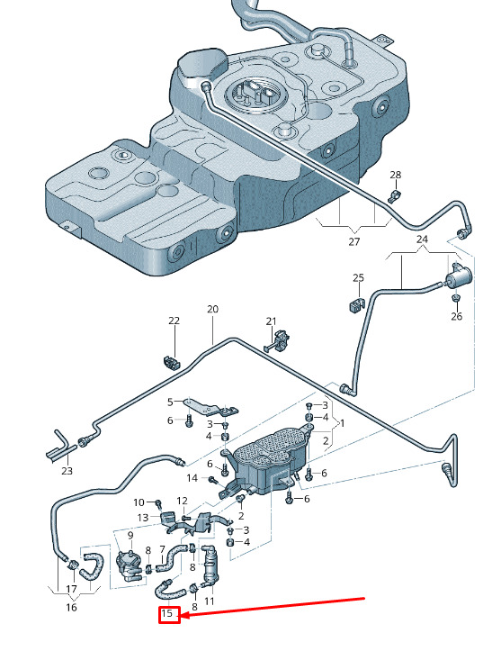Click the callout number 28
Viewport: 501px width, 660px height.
coord(396,175)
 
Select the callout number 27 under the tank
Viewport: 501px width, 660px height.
coord(354,241)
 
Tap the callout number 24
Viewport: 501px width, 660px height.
coord(422,240)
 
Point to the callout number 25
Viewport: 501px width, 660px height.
coord(359,278)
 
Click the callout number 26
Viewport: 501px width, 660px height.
coord(456,316)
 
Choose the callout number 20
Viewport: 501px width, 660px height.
coord(212,309)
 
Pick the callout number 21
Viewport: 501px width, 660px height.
coord(271,321)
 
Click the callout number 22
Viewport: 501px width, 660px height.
coord(174,321)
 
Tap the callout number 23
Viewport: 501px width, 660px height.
coord(67,471)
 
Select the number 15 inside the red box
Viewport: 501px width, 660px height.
coord(167,613)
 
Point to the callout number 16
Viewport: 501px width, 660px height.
coord(71,607)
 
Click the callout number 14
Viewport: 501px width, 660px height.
coord(192,478)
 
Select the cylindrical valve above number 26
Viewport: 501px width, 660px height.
coord(458,276)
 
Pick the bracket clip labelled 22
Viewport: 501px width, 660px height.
coord(171,362)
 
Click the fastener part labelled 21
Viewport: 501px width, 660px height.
coord(278,340)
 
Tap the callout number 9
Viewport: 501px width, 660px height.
coord(130,536)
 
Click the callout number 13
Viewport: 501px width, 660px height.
coord(143,518)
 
